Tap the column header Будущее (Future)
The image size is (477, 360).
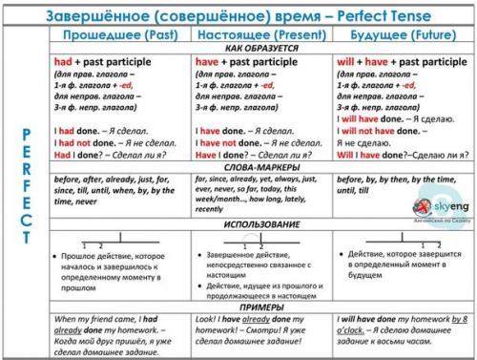pyautogui.click(x=400, y=34)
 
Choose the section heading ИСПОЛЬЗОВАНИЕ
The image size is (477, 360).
pyautogui.click(x=259, y=224)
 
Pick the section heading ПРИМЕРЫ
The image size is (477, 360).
pyautogui.click(x=259, y=306)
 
